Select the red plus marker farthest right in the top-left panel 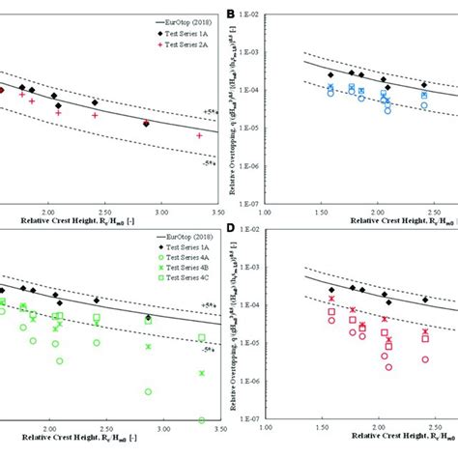coord(199,136)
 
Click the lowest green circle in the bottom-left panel coord(202,420)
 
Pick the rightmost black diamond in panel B coord(424,85)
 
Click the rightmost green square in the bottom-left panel coord(202,337)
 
